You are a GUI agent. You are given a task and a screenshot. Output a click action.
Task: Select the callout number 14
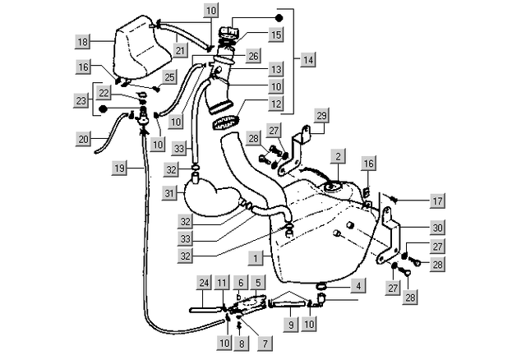(307, 60)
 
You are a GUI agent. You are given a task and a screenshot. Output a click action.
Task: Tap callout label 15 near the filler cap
(276, 35)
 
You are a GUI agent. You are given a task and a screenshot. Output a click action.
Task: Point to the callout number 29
(322, 115)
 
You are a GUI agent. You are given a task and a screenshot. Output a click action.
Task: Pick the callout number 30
(436, 228)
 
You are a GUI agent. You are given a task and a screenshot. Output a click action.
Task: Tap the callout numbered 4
(358, 286)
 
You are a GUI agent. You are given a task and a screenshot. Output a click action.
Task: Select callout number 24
(203, 282)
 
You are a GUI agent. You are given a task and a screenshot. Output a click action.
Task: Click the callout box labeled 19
(120, 168)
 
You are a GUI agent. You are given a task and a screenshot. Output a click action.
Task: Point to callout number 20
(83, 139)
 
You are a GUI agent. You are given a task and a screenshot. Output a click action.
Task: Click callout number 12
(275, 106)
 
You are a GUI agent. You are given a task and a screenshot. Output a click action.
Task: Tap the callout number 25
(169, 77)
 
